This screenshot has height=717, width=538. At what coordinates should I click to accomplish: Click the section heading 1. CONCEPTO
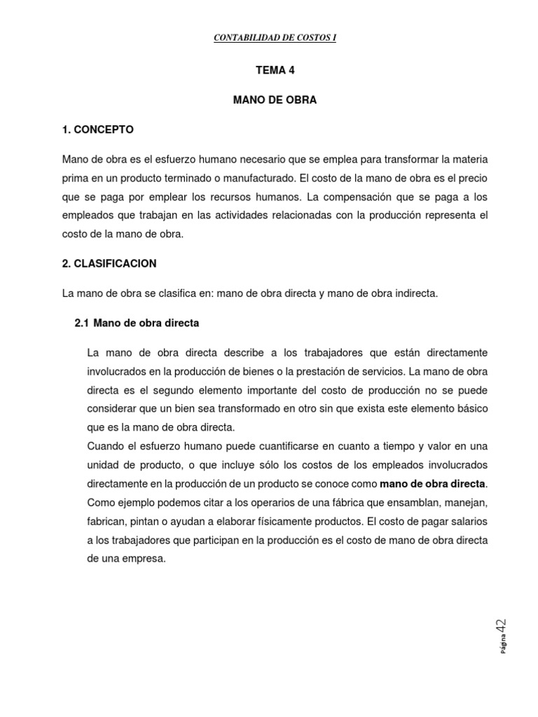(x=98, y=130)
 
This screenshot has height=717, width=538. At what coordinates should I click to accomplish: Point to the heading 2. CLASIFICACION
(x=109, y=264)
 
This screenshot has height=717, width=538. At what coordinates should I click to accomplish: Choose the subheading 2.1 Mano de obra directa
(x=137, y=323)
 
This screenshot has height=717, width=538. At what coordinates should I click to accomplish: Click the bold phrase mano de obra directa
(x=432, y=484)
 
